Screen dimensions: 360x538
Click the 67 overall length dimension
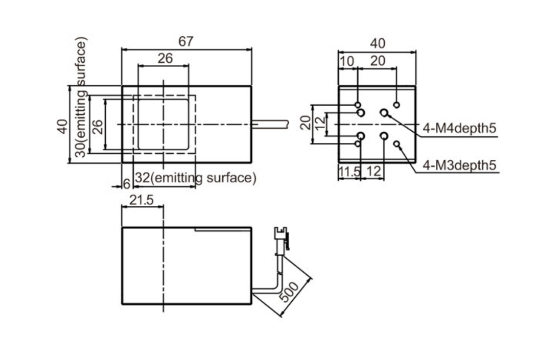click(x=186, y=41)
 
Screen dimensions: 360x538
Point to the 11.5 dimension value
click(x=349, y=172)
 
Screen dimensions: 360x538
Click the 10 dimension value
click(x=347, y=61)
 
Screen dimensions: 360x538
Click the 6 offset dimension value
click(x=127, y=184)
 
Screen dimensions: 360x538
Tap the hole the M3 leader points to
click(x=396, y=145)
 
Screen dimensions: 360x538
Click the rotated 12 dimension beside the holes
click(x=320, y=124)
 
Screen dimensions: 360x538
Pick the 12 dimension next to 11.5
click(x=374, y=172)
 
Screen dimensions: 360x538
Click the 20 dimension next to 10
click(x=378, y=61)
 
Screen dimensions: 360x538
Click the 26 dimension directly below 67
click(x=165, y=58)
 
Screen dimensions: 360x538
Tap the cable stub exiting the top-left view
click(x=271, y=124)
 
